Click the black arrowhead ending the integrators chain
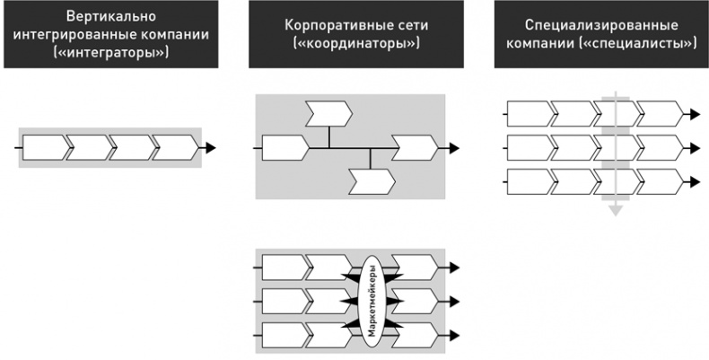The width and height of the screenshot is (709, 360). pos(210,145)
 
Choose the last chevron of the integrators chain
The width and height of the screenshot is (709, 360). pos(174,145)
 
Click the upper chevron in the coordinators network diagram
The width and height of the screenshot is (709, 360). pos(328,113)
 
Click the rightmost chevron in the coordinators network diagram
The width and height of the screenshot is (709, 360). pos(415,146)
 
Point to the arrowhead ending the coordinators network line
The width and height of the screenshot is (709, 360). pos(454,146)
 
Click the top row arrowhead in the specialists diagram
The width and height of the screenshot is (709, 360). pos(695,114)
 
